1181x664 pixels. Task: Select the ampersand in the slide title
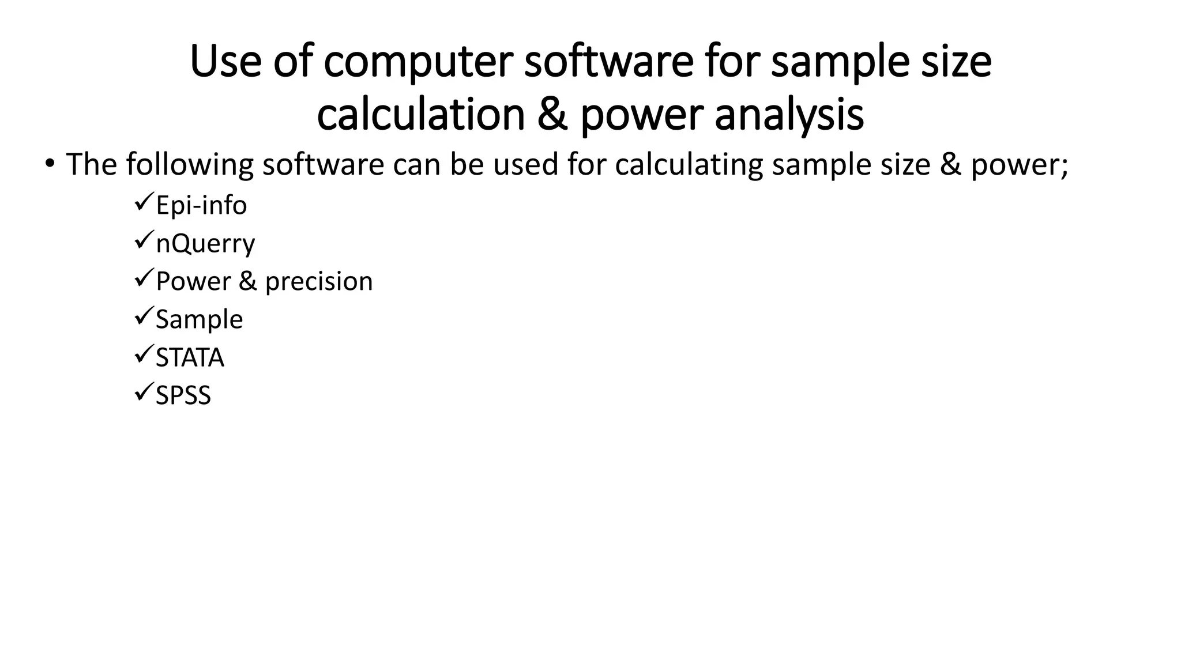[x=552, y=115]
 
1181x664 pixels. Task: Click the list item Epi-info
[x=201, y=206]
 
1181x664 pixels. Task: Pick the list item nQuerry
[x=205, y=244]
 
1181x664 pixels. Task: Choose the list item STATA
[x=190, y=358]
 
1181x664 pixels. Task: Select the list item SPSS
[x=183, y=396]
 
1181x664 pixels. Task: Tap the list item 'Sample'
[x=199, y=320]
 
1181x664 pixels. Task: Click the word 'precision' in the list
[x=319, y=282]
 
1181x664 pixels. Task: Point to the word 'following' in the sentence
[x=190, y=165]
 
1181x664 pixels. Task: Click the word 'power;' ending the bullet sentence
[x=1020, y=165]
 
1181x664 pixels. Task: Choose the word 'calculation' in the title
[x=421, y=115]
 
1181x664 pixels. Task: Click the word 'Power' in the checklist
[x=193, y=282]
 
